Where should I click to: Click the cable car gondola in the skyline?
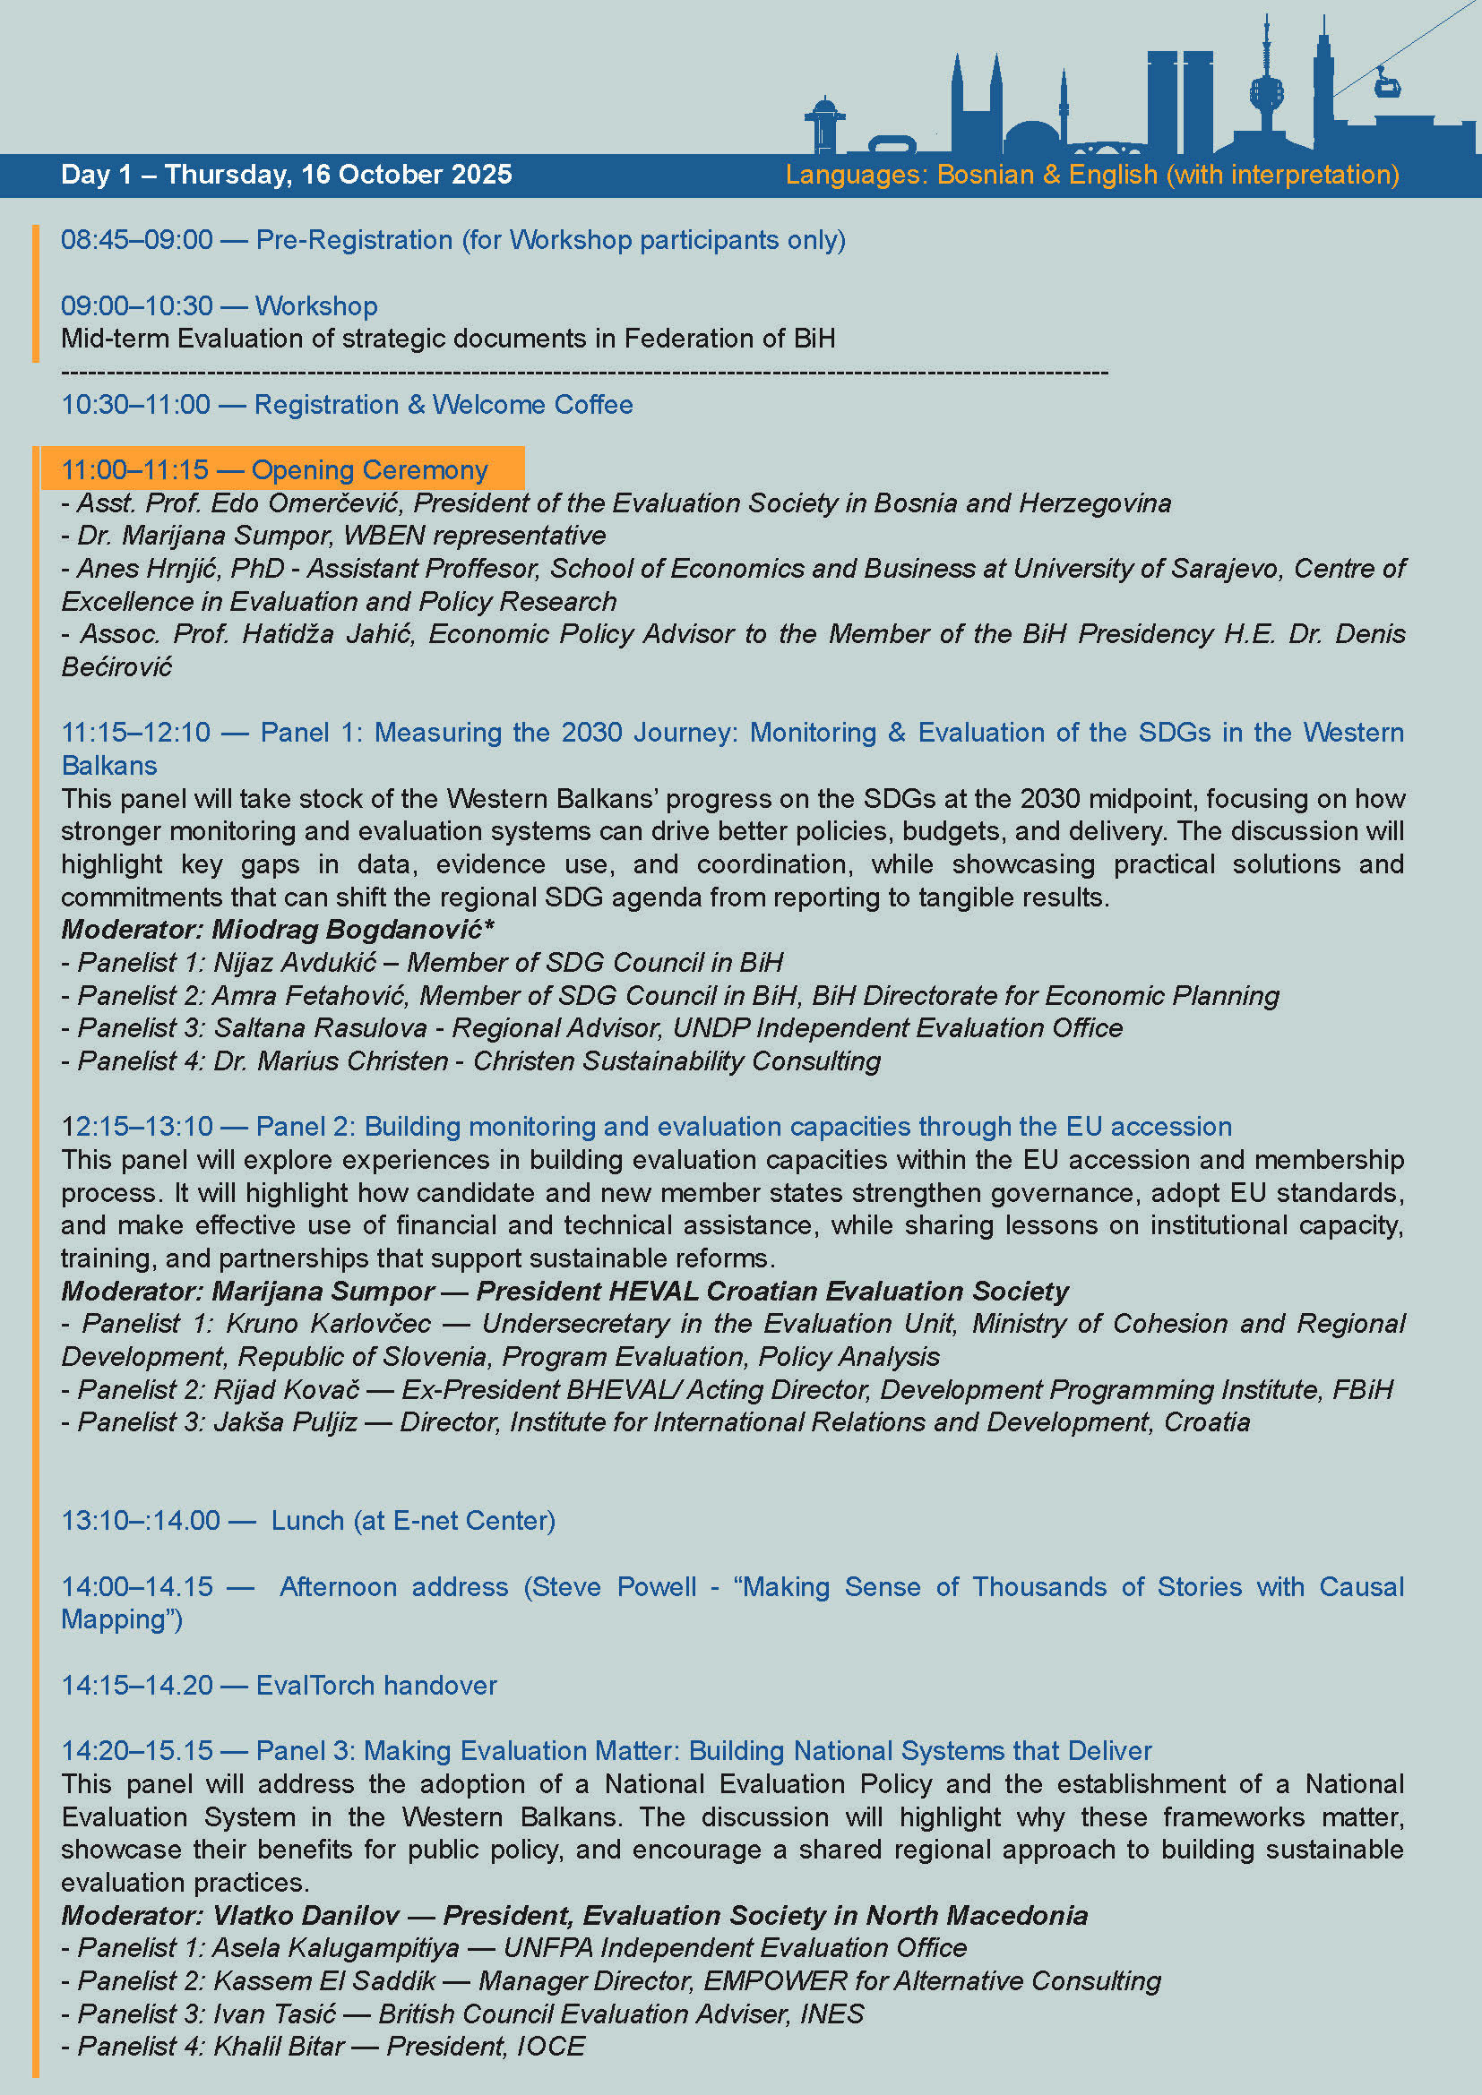(x=1387, y=85)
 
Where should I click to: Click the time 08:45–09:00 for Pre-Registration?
(x=137, y=240)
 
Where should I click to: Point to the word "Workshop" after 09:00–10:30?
(x=315, y=305)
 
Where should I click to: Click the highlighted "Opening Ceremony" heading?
(x=369, y=470)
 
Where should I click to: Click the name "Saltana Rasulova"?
(x=320, y=1028)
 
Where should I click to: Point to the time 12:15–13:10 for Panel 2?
(x=137, y=1127)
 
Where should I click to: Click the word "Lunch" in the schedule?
(x=307, y=1521)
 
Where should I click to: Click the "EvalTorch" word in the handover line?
(x=314, y=1686)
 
